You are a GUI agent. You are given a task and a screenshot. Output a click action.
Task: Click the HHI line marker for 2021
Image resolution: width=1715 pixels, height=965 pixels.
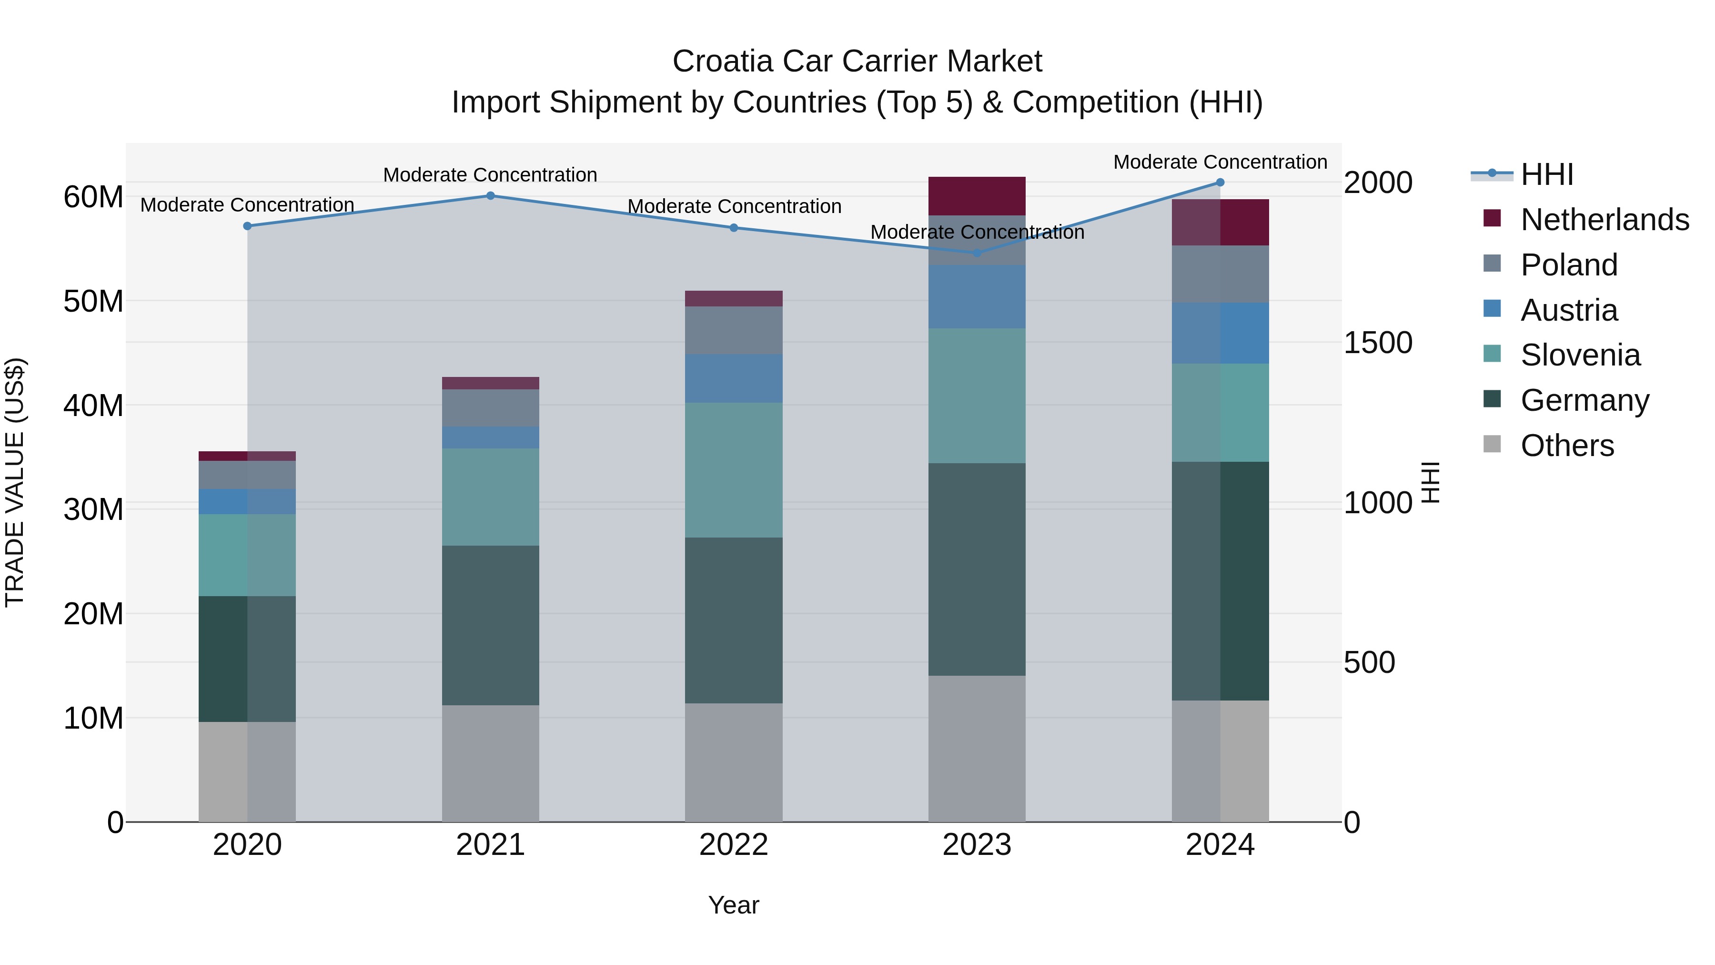491,196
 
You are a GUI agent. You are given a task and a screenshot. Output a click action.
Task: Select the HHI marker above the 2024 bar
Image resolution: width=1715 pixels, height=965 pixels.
1221,183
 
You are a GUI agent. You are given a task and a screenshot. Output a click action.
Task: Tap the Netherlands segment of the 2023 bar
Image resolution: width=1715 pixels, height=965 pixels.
977,196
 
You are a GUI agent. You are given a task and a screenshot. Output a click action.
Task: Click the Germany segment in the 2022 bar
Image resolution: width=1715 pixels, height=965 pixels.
734,620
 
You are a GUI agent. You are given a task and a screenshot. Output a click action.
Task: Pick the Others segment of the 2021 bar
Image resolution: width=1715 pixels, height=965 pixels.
491,763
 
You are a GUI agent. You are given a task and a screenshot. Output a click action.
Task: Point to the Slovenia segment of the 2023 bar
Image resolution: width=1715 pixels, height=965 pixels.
977,396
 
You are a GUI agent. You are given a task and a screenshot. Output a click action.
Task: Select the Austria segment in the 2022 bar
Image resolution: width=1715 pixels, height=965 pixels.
734,378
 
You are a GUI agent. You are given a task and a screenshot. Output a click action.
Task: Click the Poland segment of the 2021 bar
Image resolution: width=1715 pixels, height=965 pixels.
491,407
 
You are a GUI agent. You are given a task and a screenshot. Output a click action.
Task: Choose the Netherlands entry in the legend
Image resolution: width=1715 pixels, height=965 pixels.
1604,220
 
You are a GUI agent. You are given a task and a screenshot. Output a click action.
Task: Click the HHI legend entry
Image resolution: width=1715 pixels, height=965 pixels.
1546,174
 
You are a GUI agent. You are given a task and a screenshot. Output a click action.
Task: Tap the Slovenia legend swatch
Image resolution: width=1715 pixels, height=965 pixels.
1492,354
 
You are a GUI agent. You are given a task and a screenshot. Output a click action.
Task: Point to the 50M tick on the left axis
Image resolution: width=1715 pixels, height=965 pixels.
93,302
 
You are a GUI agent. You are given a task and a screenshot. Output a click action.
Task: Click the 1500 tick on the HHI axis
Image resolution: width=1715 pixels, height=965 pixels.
1377,343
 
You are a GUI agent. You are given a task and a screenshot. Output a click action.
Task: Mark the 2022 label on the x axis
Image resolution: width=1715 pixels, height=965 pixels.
734,845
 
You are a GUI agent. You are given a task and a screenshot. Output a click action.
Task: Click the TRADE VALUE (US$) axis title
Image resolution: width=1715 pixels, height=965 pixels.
15,483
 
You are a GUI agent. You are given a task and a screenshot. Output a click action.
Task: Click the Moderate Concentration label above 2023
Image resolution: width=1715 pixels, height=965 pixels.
977,233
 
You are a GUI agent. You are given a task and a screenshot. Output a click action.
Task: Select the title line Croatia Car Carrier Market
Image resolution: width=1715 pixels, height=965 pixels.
857,61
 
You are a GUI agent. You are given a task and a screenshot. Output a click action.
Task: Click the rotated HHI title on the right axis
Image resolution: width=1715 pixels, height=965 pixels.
1431,483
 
